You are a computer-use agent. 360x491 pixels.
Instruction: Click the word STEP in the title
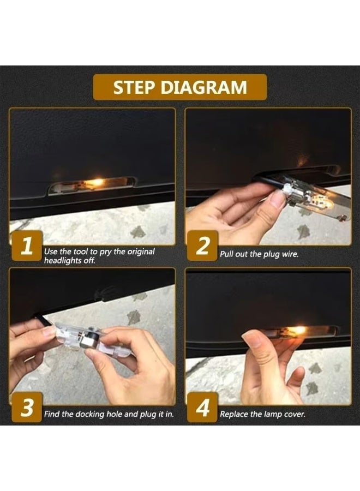[x=135, y=87]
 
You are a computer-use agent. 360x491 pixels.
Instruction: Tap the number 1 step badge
[x=26, y=245]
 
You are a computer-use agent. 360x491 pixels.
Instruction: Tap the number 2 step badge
[x=202, y=245]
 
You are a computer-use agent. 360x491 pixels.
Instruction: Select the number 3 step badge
[x=26, y=407]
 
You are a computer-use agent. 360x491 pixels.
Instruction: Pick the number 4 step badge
[x=202, y=407]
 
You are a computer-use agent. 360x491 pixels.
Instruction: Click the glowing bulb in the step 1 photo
[x=97, y=182]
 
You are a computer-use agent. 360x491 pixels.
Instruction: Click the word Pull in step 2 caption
[x=226, y=254]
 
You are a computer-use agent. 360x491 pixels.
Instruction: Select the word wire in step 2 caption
[x=290, y=254]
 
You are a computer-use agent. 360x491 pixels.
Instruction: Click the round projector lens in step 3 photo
[x=85, y=340]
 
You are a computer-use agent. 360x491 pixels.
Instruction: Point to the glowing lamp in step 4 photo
[x=297, y=331]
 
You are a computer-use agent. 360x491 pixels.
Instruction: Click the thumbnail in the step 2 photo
[x=277, y=199]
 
